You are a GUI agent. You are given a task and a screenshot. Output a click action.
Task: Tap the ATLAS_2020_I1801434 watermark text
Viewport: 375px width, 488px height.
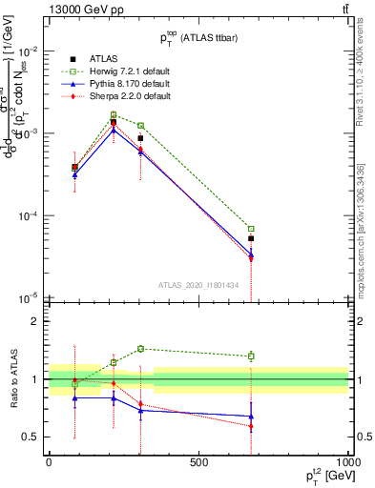click(198, 284)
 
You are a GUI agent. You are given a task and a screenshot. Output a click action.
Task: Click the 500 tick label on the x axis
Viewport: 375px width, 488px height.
click(198, 461)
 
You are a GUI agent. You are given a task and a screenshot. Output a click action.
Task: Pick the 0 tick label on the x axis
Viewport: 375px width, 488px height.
click(49, 461)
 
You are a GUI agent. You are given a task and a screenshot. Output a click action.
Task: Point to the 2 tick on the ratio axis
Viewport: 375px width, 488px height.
click(33, 321)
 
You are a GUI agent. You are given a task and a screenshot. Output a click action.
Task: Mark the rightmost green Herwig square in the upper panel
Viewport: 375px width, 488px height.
click(251, 229)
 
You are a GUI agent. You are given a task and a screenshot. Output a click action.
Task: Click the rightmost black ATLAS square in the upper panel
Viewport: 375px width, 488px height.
click(251, 239)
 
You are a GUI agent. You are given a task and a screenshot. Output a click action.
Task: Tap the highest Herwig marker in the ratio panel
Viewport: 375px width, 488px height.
click(140, 349)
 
